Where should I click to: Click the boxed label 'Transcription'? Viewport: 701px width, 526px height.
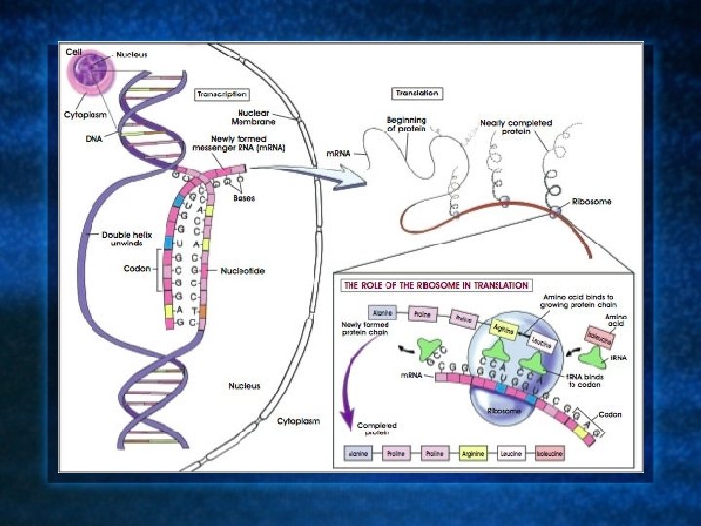pyautogui.click(x=222, y=94)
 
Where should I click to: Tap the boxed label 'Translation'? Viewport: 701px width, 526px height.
pyautogui.click(x=417, y=94)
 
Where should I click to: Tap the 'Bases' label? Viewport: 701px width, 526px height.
pyautogui.click(x=244, y=198)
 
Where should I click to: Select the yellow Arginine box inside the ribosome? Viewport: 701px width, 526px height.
pyautogui.click(x=503, y=328)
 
